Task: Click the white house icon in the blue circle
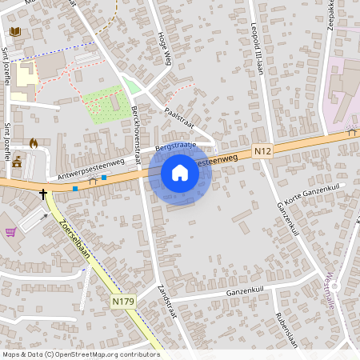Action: coord(180,173)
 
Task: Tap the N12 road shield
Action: coord(262,150)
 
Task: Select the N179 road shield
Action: coord(122,302)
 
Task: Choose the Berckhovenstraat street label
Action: coord(136,131)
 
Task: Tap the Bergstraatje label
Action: coord(174,147)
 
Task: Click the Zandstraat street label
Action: coord(166,298)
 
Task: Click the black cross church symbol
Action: coord(44,193)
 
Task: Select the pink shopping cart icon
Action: coord(10,232)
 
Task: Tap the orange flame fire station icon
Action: coord(33,142)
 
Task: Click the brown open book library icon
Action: coord(14,32)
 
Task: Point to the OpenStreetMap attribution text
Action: coord(80,354)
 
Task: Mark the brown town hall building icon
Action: coord(17,162)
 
